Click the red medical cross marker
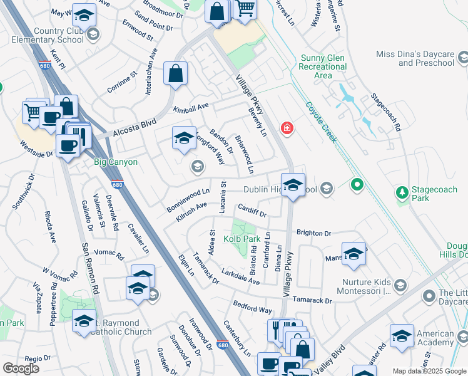click(x=287, y=128)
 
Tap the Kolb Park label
click(x=242, y=239)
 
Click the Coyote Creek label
click(x=322, y=122)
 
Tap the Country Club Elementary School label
click(x=51, y=35)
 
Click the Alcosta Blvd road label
click(x=134, y=128)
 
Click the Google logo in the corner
click(x=21, y=368)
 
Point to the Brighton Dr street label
click(x=313, y=233)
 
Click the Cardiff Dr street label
click(x=252, y=211)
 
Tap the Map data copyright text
click(x=429, y=371)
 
